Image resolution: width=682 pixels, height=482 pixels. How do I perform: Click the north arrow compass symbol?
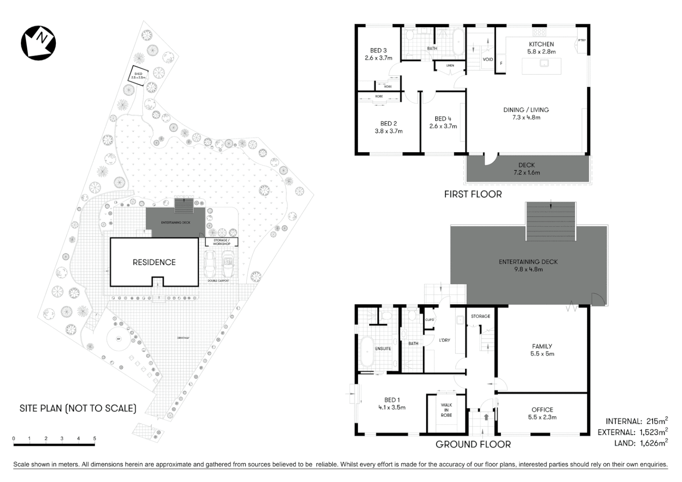[38, 42]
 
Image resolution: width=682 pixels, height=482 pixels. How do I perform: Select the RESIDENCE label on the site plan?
[154, 262]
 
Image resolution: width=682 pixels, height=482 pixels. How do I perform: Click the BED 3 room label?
[378, 50]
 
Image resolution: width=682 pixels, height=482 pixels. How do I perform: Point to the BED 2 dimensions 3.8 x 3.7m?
[388, 131]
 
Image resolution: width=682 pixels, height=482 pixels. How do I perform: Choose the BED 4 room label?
[443, 119]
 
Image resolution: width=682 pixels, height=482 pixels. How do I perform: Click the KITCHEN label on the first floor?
[541, 44]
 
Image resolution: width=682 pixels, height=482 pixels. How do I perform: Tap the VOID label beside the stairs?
[488, 59]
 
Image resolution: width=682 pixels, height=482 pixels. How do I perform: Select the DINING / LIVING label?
[526, 110]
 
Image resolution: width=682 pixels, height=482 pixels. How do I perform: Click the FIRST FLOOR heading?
[473, 194]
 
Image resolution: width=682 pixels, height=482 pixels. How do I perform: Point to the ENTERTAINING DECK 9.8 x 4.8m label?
[528, 266]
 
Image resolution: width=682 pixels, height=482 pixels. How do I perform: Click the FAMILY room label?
[542, 346]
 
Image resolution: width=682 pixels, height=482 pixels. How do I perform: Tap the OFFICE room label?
[542, 410]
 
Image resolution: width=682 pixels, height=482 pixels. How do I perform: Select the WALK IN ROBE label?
[446, 410]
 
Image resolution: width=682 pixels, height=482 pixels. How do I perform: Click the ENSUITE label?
[383, 349]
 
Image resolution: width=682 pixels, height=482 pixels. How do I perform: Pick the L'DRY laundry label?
[444, 340]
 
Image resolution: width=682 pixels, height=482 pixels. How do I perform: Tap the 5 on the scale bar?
[95, 438]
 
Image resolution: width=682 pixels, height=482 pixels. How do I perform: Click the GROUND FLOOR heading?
[473, 444]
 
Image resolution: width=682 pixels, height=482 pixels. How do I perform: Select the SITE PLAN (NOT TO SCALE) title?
[78, 408]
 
